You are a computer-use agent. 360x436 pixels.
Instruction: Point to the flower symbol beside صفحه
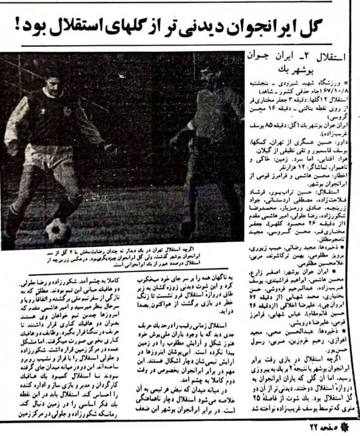pyautogui.click(x=353, y=427)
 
